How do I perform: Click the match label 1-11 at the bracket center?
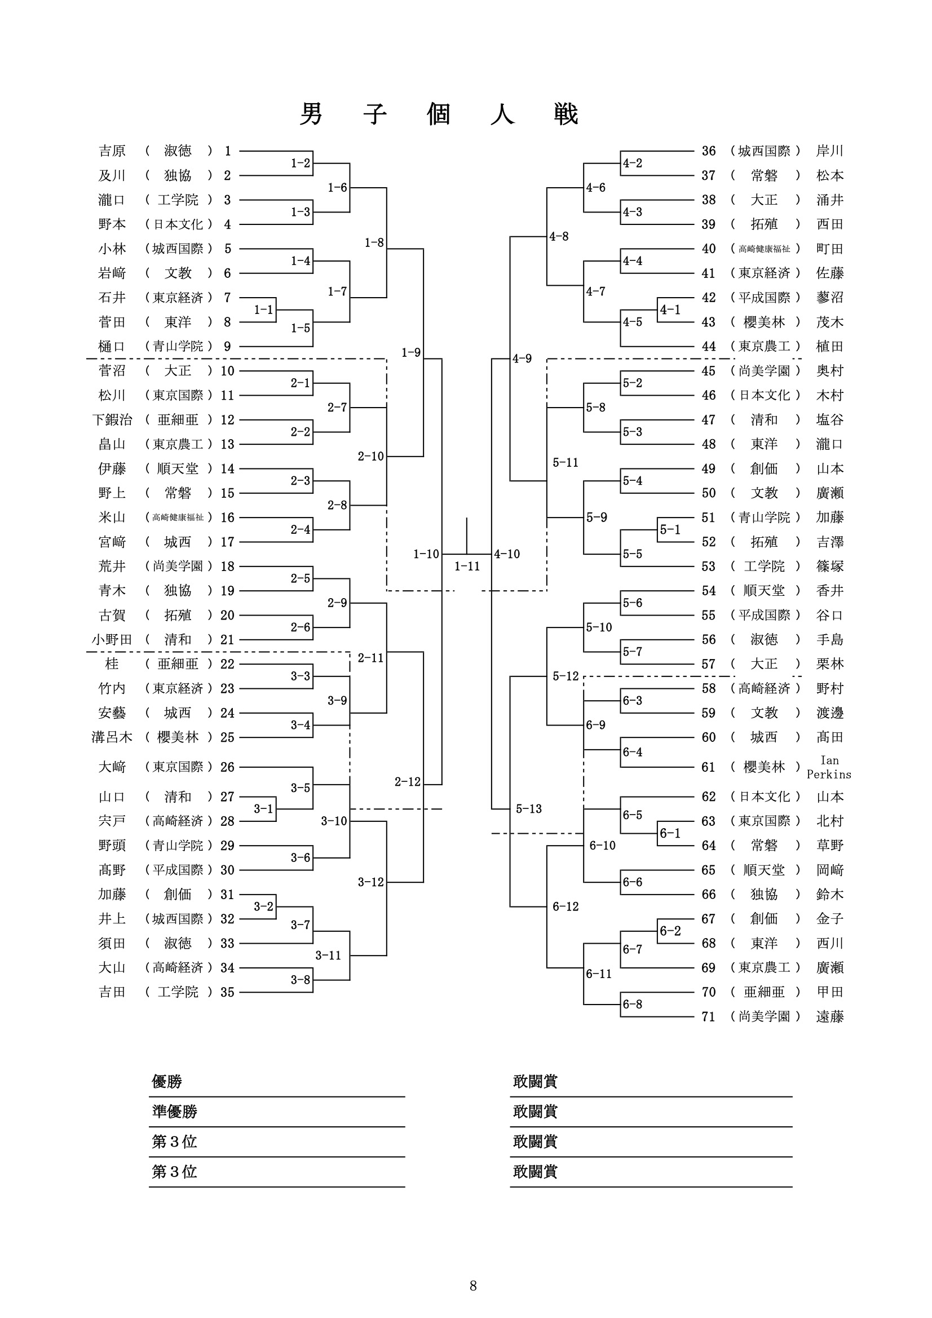(x=467, y=567)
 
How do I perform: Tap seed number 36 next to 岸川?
(x=709, y=151)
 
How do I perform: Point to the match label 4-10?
(x=507, y=554)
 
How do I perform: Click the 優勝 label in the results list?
(x=166, y=1082)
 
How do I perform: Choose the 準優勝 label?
(x=174, y=1112)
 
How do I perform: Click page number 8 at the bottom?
(x=473, y=1285)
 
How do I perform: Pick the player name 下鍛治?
(x=112, y=419)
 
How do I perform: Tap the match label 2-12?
(x=408, y=782)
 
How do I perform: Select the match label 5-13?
(x=529, y=809)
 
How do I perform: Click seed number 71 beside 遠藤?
(x=709, y=1016)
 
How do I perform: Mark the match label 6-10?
(x=602, y=846)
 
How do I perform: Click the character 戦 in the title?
(x=566, y=114)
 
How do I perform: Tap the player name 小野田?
(x=112, y=639)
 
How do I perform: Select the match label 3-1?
(x=263, y=809)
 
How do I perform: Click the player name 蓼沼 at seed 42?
(x=830, y=297)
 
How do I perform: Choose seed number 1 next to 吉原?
(x=228, y=151)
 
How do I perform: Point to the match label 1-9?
(x=411, y=352)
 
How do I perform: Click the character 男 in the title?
(x=311, y=114)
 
